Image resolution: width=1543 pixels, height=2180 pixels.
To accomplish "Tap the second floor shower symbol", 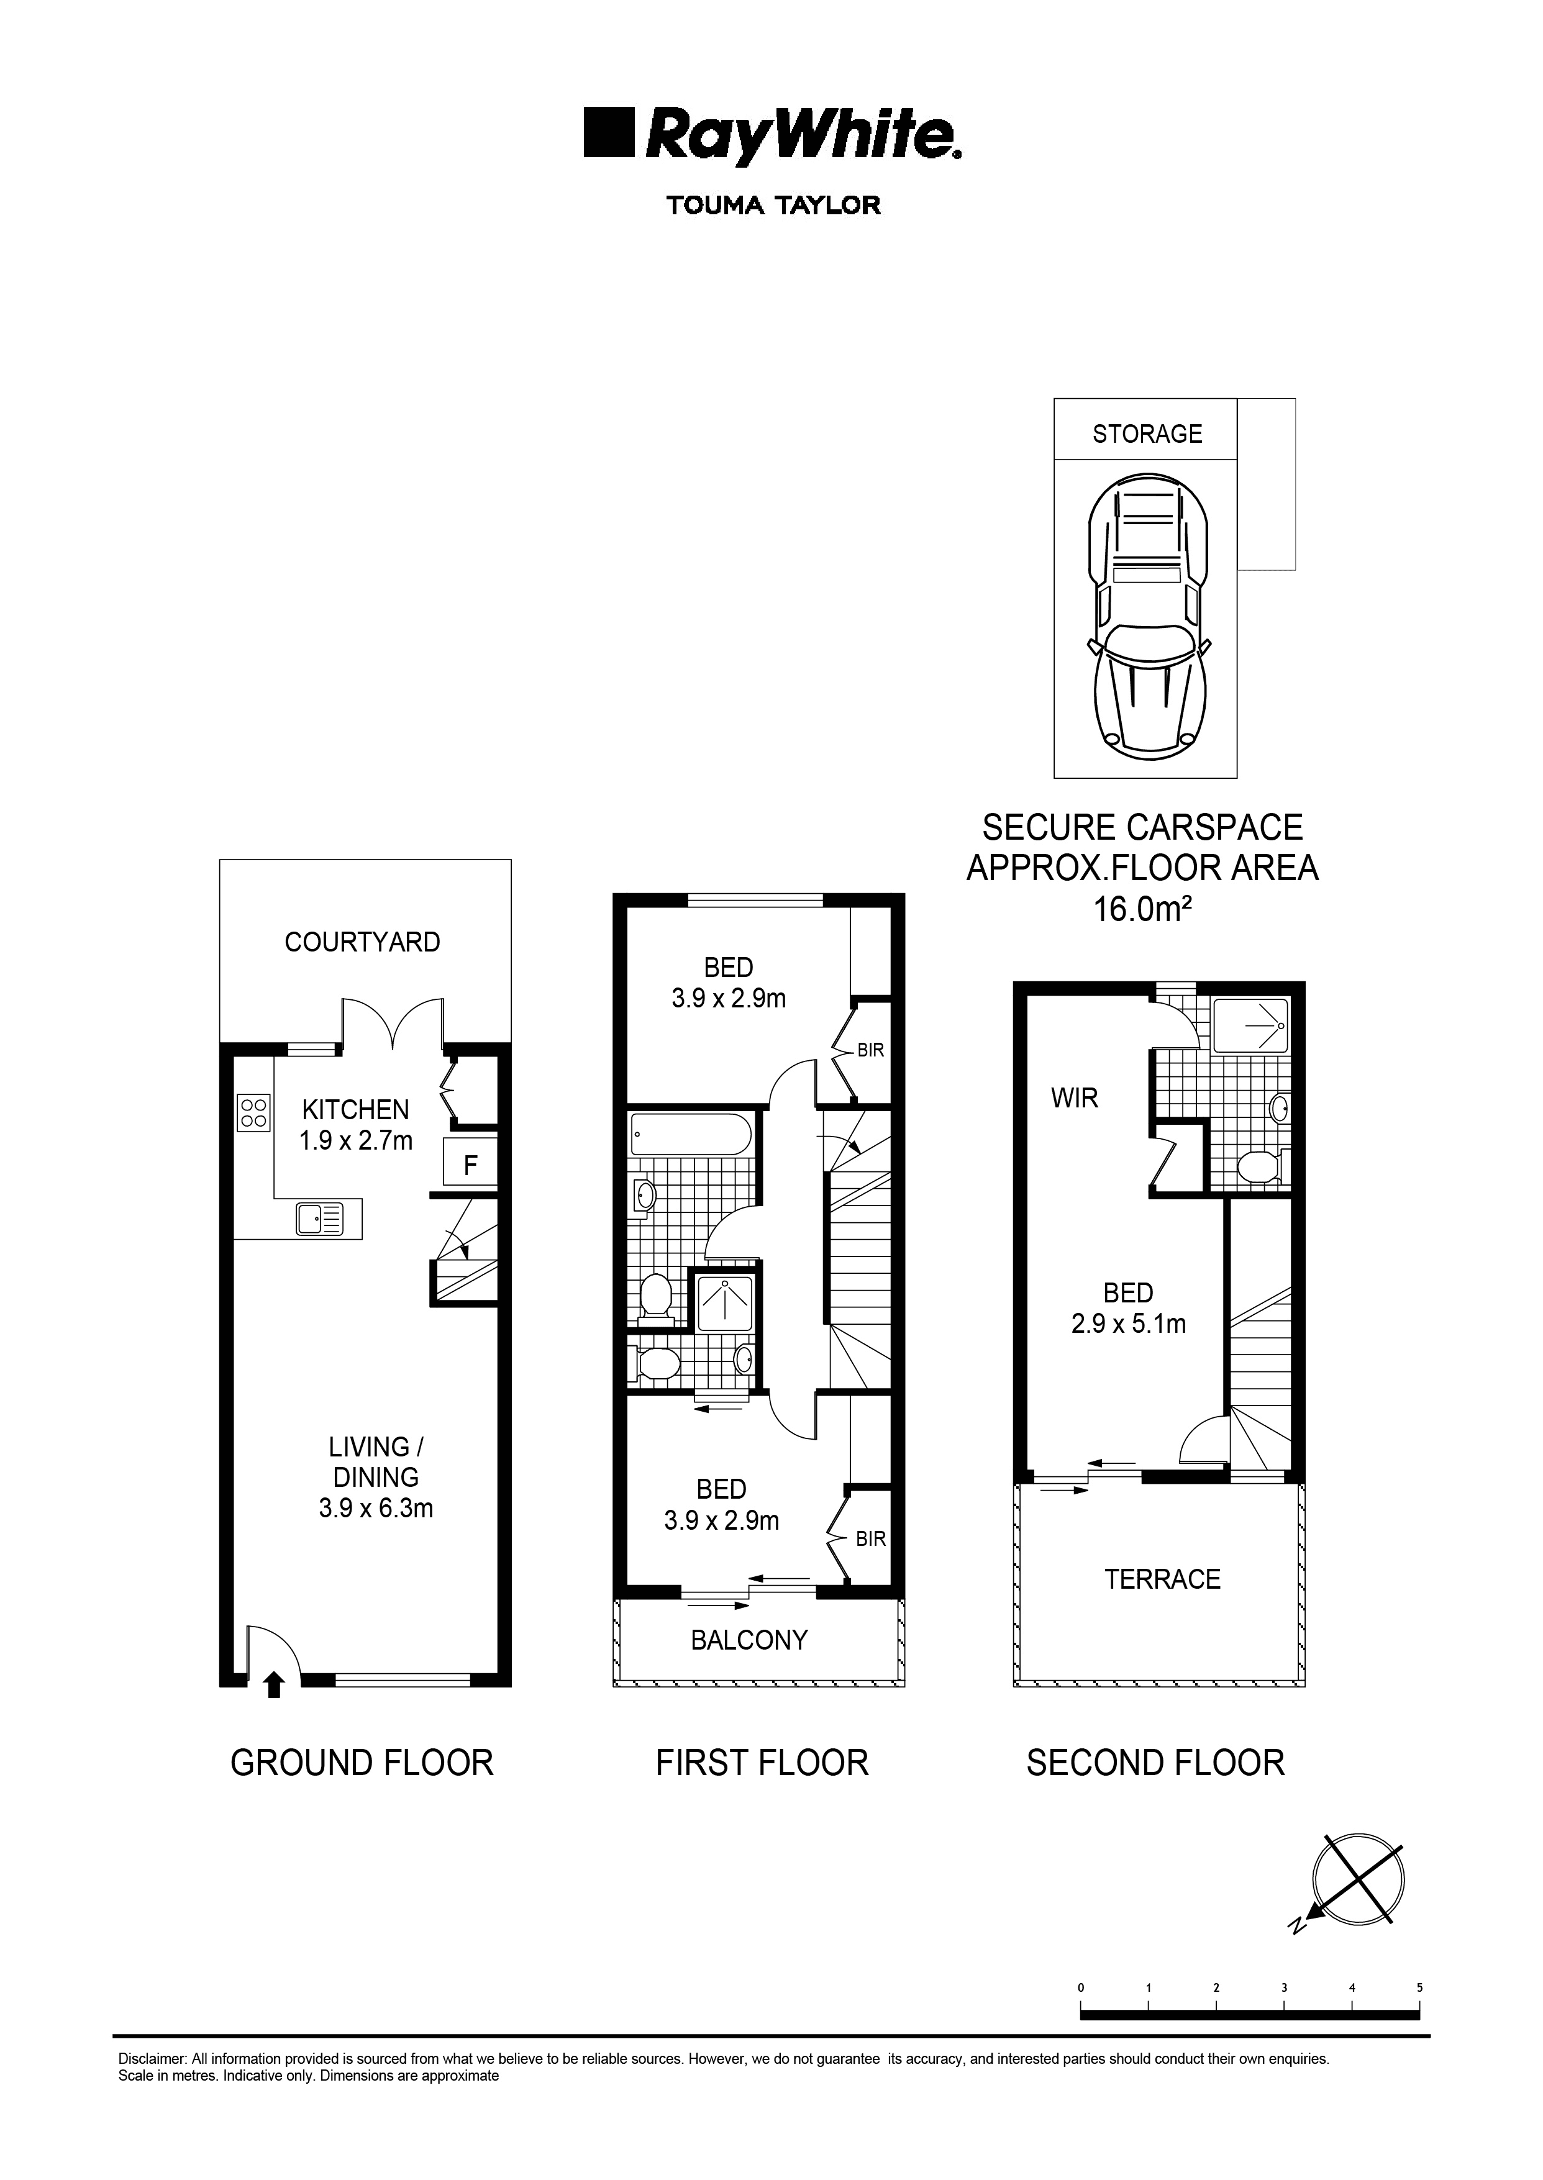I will point(1251,1025).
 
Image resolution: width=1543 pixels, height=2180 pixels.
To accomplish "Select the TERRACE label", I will point(1162,1579).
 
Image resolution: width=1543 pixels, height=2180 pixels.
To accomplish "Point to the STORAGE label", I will point(1147,434).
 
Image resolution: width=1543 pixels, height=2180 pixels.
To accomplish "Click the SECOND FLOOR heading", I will point(1155,1763).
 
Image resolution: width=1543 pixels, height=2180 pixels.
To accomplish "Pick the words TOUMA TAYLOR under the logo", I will point(773,205).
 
